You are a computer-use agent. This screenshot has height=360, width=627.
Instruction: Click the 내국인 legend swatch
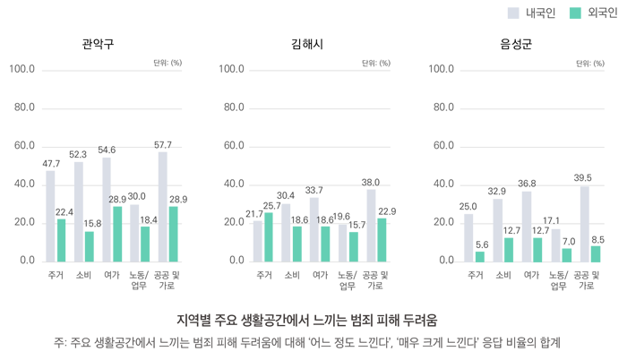[x=513, y=13]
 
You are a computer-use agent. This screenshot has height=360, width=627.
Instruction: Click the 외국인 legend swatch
[x=575, y=13]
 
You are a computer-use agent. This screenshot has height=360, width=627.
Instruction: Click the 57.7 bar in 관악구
[x=163, y=206]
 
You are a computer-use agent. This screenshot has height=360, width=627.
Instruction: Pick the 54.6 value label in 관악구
[x=107, y=150]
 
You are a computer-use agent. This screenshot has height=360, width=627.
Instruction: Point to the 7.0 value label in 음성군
[x=567, y=241]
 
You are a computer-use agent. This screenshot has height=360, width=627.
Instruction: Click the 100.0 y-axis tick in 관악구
[x=21, y=69]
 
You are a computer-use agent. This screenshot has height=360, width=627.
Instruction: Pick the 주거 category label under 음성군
[x=475, y=275]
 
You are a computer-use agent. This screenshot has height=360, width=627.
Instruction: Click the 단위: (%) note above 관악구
[x=167, y=64]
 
